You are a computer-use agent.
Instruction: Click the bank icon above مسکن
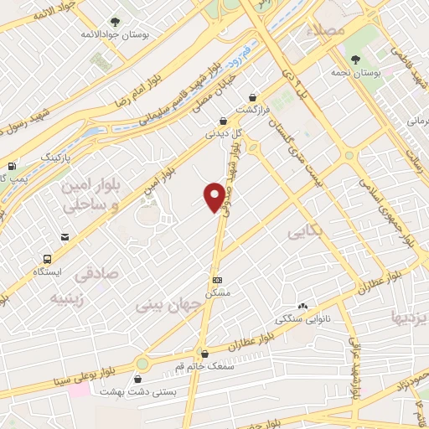[x=218, y=280]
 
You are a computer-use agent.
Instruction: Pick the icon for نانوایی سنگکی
[x=302, y=307]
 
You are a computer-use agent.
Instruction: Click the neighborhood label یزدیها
[x=409, y=317]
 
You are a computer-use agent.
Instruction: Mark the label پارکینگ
[x=34, y=157]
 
